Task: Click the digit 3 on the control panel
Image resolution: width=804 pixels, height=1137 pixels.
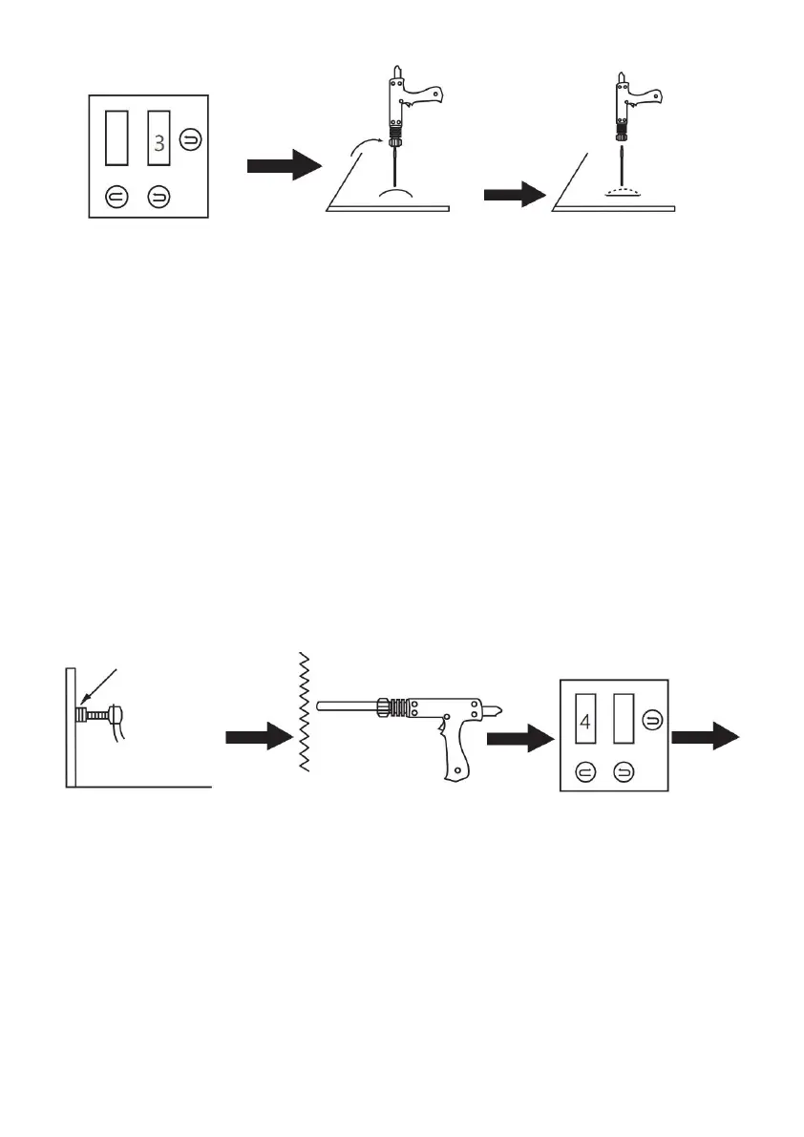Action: pyautogui.click(x=159, y=143)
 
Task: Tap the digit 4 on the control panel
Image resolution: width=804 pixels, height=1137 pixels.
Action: pyautogui.click(x=585, y=723)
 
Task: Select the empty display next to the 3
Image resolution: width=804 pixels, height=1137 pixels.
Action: pyautogui.click(x=116, y=137)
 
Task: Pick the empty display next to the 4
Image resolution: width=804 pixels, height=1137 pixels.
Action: pyautogui.click(x=624, y=719)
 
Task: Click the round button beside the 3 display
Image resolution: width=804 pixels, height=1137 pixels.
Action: pyautogui.click(x=191, y=139)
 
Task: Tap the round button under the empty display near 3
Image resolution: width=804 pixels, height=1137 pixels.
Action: pyautogui.click(x=116, y=197)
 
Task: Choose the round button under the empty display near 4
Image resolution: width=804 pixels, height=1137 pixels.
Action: pyautogui.click(x=624, y=773)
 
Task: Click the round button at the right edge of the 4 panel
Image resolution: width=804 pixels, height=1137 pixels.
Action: pyautogui.click(x=652, y=720)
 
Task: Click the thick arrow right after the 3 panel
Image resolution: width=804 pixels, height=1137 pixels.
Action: pyautogui.click(x=285, y=165)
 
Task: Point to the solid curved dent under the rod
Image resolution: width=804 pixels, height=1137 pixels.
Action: pyautogui.click(x=396, y=193)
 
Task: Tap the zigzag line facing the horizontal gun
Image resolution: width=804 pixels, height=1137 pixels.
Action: pyautogui.click(x=305, y=711)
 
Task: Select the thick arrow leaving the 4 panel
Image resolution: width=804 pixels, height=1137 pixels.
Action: pyautogui.click(x=706, y=737)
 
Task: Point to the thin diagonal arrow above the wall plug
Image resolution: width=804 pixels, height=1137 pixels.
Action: pyautogui.click(x=97, y=686)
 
